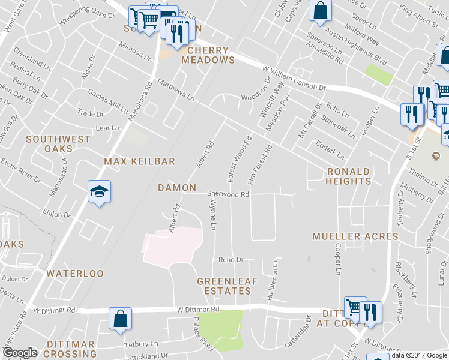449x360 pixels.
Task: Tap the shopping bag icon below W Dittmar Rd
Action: (x=120, y=319)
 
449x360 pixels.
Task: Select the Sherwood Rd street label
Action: (x=228, y=194)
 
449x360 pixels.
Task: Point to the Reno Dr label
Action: (x=231, y=260)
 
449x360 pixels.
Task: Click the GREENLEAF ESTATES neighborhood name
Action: (x=224, y=286)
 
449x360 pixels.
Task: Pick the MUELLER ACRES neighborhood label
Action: (x=355, y=236)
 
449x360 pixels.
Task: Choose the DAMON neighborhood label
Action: (x=177, y=188)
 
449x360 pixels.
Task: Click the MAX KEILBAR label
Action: (x=139, y=161)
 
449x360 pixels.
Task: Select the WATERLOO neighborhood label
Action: (x=75, y=274)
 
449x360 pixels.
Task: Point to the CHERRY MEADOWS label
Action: (x=208, y=55)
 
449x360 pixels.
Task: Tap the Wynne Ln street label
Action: (x=213, y=215)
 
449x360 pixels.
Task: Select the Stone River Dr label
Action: (x=20, y=170)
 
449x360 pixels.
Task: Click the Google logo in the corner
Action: (x=20, y=353)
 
